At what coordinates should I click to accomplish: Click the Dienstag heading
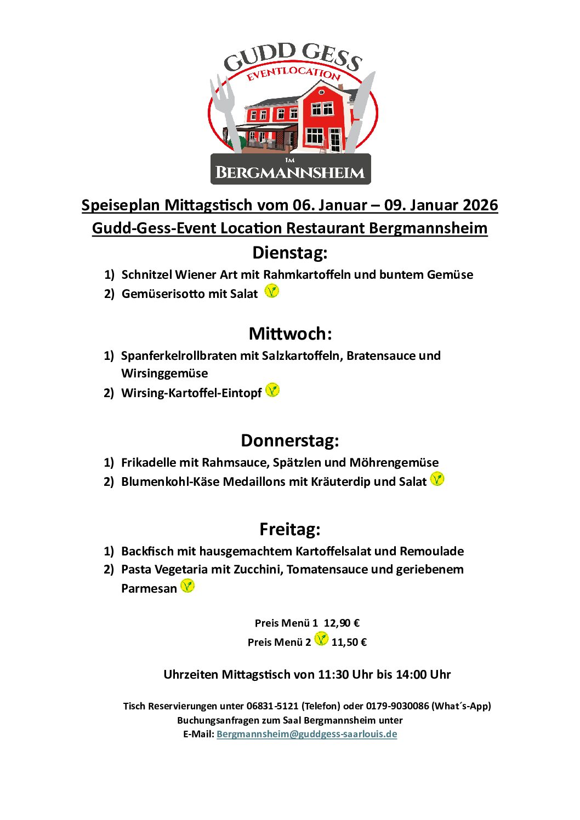pos(289,253)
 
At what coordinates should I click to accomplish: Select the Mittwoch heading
pos(290,334)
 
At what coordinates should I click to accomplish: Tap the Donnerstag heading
pos(290,440)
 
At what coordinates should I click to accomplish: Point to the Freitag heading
pos(290,529)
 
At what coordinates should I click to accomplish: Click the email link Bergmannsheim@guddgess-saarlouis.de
pos(306,734)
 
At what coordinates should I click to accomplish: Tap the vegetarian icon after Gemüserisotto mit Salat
pos(271,291)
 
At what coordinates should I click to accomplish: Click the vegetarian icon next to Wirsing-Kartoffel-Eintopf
pos(272,390)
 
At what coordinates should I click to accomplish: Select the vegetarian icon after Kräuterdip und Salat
pos(437,479)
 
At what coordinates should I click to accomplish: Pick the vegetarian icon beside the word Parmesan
pos(187,586)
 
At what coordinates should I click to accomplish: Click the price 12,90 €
pos(342,623)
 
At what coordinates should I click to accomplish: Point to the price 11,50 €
pos(349,642)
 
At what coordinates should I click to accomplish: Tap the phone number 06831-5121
pos(272,706)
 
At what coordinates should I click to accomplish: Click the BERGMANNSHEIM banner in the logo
pos(291,171)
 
